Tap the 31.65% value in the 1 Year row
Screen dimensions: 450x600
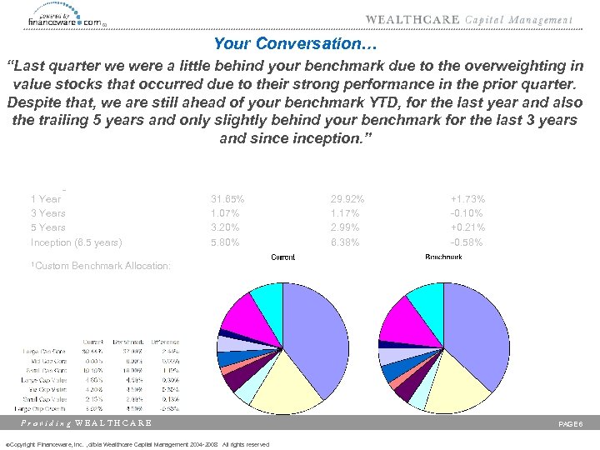[x=227, y=199]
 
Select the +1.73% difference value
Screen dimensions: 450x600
[x=467, y=199]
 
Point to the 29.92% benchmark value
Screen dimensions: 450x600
[x=347, y=199]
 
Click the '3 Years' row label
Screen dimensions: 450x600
[x=47, y=213]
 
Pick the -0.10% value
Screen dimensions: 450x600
[x=467, y=213]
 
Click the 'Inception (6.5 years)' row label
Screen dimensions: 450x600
[x=76, y=242]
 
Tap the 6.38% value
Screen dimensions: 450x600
[x=347, y=242]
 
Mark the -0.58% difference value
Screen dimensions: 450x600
[x=467, y=242]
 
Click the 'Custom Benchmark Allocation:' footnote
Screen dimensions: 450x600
[x=101, y=266]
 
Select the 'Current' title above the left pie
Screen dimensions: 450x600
[x=282, y=257]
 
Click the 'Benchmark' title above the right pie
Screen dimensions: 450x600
[x=443, y=257]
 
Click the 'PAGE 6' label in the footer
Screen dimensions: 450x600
[x=574, y=423]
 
